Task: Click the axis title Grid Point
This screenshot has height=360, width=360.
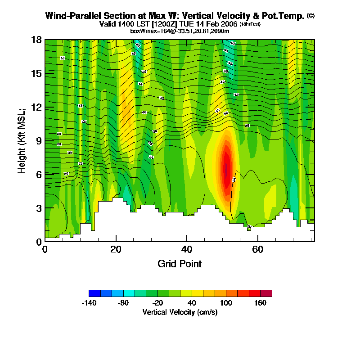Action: pyautogui.click(x=180, y=264)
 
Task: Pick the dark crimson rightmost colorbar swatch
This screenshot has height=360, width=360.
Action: pyautogui.click(x=266, y=293)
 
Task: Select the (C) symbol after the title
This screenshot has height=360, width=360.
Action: pyautogui.click(x=310, y=16)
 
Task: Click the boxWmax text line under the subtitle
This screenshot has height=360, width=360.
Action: pyautogui.click(x=180, y=31)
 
